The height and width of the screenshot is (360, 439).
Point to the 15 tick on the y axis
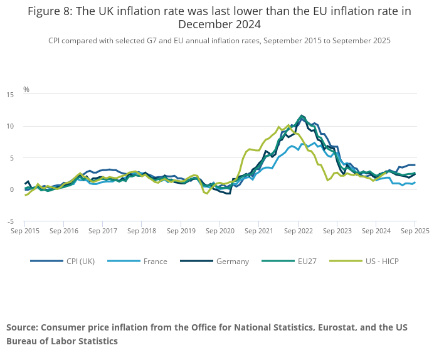pos(10,95)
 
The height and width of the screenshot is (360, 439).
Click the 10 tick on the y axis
pos(10,127)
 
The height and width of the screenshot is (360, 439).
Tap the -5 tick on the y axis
pos(11,222)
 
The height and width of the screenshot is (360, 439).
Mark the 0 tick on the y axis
pos(12,190)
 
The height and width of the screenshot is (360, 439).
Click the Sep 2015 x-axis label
pos(25,231)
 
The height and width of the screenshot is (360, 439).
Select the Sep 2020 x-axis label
pos(220,231)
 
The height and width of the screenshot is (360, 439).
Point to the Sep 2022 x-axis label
pos(298,231)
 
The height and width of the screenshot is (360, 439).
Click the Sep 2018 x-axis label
pos(142,231)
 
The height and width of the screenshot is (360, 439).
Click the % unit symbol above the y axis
pos(26,90)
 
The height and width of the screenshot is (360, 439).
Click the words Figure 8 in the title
pos(50,11)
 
